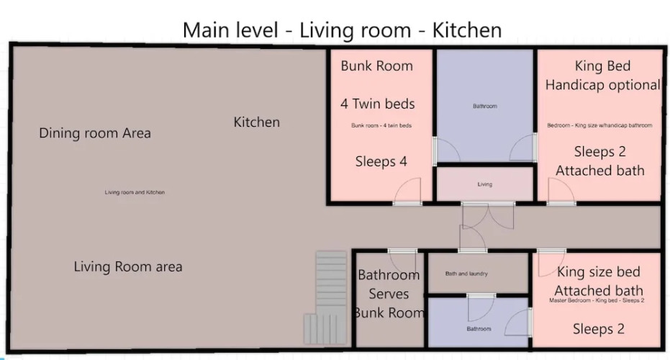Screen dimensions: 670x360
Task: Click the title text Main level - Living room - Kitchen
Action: [342, 30]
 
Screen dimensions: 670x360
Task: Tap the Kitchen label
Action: [256, 122]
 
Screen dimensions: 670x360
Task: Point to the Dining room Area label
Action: [95, 133]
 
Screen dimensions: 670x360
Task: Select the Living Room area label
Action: [128, 267]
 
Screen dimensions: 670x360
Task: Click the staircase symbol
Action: [325, 297]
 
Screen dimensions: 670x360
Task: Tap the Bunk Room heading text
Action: [377, 66]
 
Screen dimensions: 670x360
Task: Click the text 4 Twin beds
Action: [377, 104]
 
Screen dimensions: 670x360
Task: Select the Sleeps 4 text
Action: [381, 161]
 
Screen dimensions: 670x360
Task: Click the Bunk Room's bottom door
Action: [407, 192]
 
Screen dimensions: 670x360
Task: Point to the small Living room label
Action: [484, 184]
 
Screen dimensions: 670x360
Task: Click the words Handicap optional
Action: [602, 85]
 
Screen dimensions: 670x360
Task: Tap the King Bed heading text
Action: [602, 66]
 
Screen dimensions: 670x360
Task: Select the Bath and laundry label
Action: [466, 274]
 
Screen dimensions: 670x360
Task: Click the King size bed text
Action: [599, 272]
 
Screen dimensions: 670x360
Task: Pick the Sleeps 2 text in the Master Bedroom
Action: [598, 329]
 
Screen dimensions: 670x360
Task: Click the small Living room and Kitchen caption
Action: [135, 192]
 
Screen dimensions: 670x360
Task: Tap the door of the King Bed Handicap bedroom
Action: [561, 192]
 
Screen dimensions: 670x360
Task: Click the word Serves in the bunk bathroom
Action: [389, 294]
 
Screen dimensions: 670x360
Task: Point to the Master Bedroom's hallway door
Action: [552, 262]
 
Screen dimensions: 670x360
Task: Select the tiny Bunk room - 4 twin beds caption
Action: [381, 126]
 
